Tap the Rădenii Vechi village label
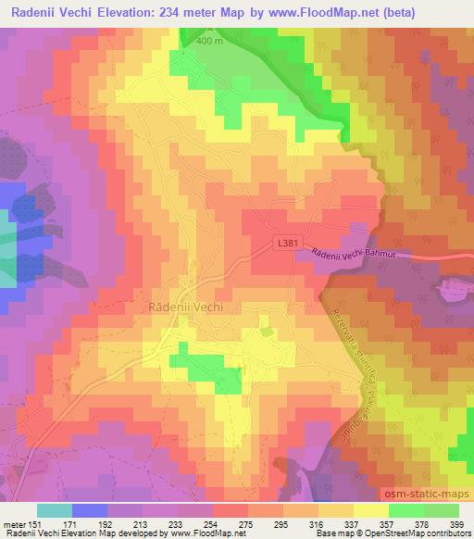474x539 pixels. pyautogui.click(x=187, y=308)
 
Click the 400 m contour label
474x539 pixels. pyautogui.click(x=209, y=42)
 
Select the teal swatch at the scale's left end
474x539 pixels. pyautogui.click(x=54, y=510)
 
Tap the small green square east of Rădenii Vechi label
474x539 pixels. pyautogui.click(x=268, y=330)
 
